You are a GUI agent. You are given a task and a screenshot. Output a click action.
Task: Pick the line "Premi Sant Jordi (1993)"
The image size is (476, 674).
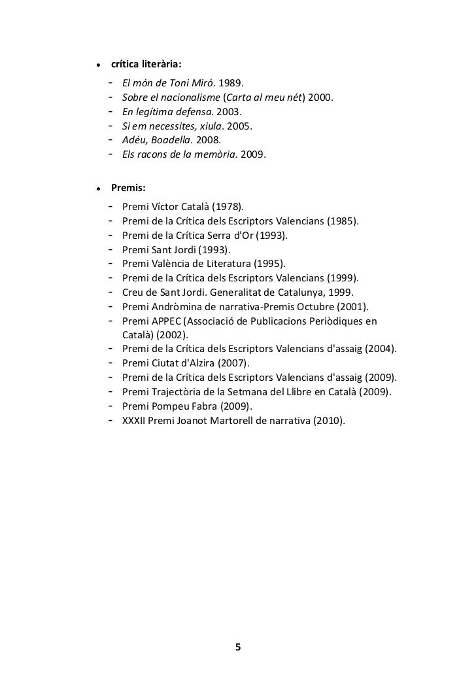point(177,249)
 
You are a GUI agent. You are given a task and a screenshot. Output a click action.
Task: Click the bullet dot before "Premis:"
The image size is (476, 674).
point(97,188)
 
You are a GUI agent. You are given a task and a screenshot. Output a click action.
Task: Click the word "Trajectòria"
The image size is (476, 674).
point(178,392)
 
